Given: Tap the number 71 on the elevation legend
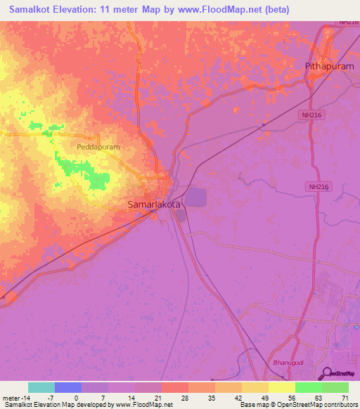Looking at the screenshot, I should (x=345, y=398).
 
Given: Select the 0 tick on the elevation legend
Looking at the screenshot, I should (x=76, y=398).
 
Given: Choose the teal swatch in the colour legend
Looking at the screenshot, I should (x=41, y=387).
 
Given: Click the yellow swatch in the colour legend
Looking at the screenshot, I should (x=282, y=387).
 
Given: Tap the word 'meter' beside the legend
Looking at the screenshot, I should (x=12, y=398).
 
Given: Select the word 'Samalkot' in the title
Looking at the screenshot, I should (x=32, y=10).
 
